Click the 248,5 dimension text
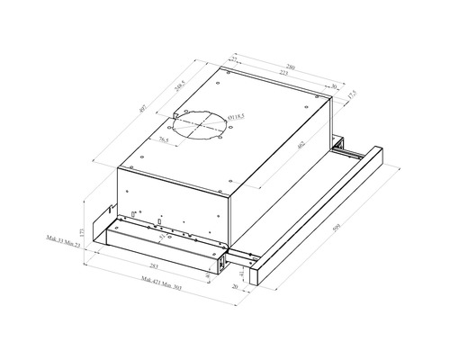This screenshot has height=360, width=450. pyautogui.click(x=181, y=88)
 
